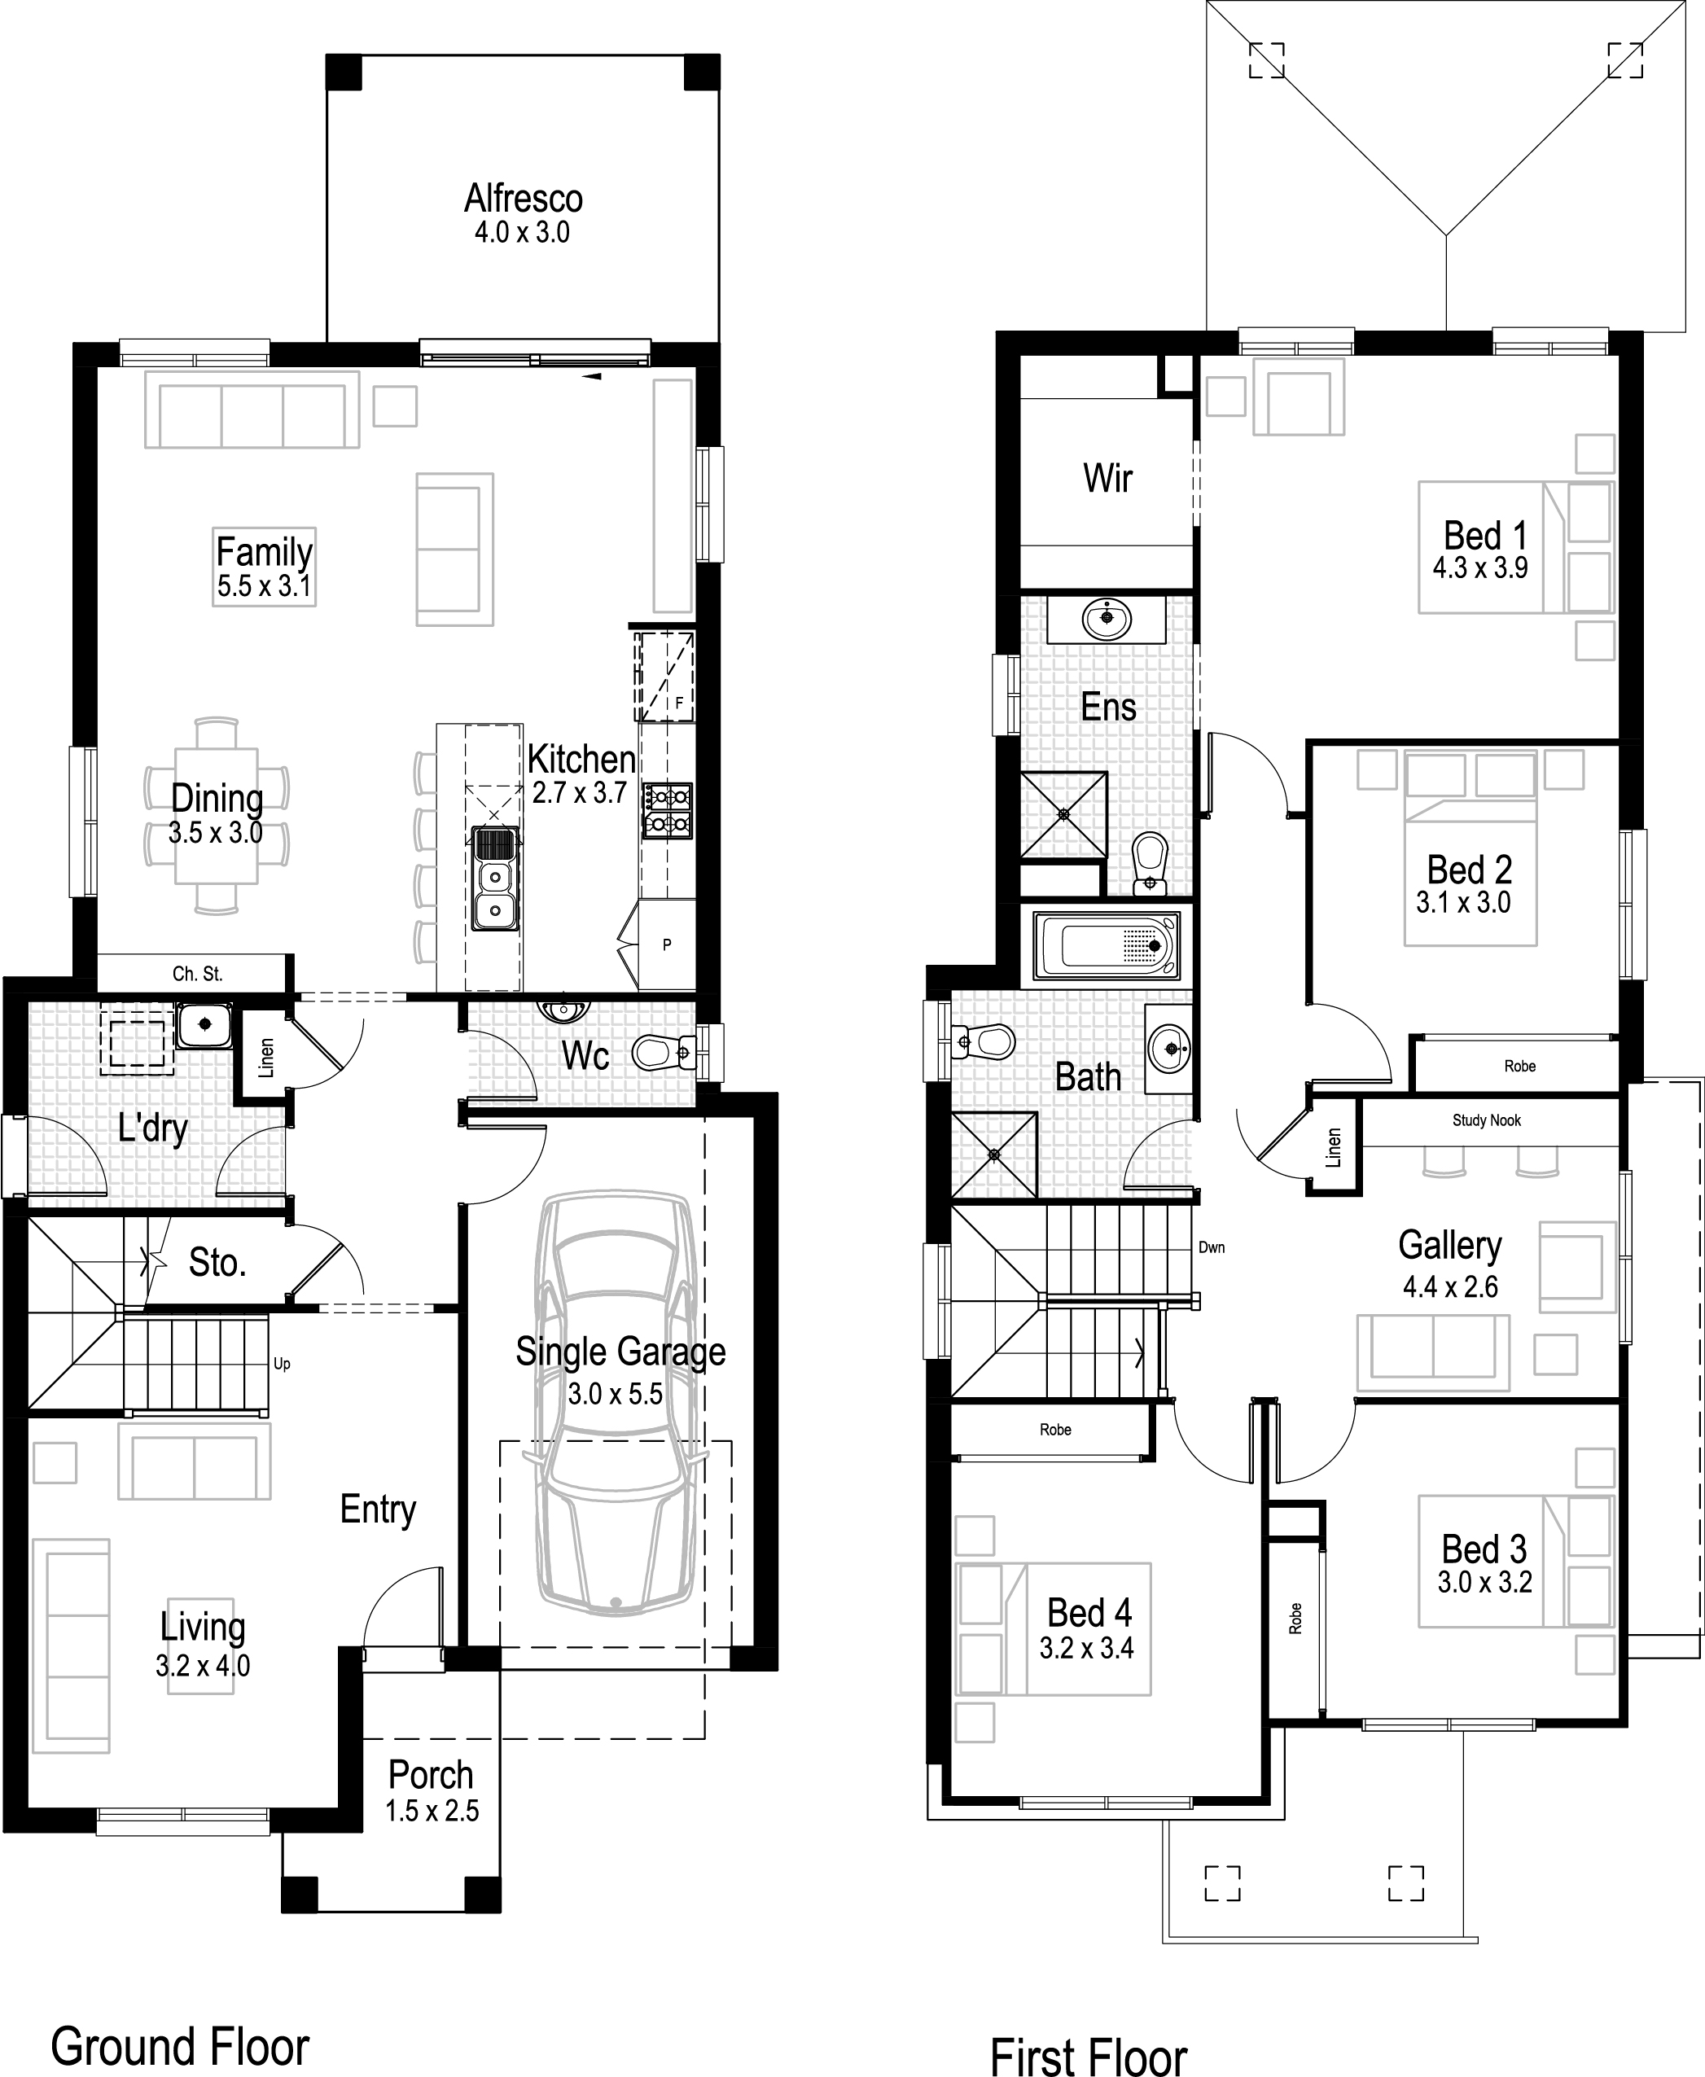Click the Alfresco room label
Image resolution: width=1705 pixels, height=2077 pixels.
(x=524, y=199)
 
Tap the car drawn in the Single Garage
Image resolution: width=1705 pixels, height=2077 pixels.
(x=616, y=1405)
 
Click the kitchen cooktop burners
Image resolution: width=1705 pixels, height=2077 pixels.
(x=667, y=810)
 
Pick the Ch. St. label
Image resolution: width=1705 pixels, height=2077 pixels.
(x=197, y=974)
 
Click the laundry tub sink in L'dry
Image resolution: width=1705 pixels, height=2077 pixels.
(x=204, y=1024)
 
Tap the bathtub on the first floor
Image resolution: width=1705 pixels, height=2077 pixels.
(x=1107, y=946)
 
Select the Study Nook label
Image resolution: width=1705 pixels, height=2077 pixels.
(x=1486, y=1120)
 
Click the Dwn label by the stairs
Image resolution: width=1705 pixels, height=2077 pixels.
(x=1211, y=1247)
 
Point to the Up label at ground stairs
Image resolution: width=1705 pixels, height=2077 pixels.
(x=282, y=1364)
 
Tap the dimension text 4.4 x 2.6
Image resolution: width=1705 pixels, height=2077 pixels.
(x=1449, y=1286)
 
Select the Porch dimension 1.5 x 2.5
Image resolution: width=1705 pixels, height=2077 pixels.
(x=432, y=1811)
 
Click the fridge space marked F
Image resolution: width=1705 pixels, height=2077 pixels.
(x=677, y=703)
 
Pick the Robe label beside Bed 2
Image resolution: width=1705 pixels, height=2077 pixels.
(x=1519, y=1066)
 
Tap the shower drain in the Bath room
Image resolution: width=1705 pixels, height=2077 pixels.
(x=994, y=1155)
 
